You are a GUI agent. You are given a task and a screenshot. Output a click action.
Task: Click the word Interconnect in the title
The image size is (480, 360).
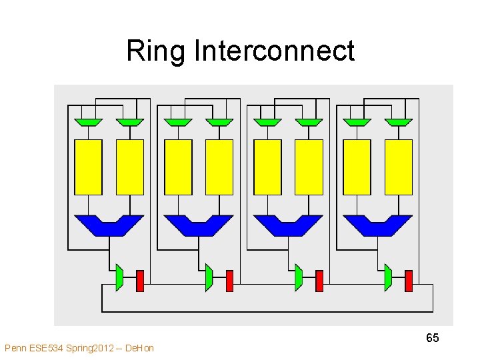click(x=274, y=50)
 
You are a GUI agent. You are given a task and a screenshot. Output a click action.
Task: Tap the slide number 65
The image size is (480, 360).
click(x=432, y=337)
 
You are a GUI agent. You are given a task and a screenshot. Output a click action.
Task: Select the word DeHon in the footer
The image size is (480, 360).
click(x=139, y=348)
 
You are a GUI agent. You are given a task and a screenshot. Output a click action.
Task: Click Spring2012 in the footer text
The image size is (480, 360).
click(x=90, y=349)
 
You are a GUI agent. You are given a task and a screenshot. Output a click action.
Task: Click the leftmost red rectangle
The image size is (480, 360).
click(x=140, y=281)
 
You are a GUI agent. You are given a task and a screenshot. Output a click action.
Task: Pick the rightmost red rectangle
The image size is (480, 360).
click(x=409, y=281)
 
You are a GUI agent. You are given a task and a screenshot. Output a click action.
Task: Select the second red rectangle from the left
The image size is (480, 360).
click(x=229, y=281)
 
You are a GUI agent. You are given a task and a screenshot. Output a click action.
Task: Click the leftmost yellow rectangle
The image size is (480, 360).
click(x=88, y=167)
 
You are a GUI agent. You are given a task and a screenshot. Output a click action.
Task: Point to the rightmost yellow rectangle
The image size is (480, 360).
click(x=399, y=167)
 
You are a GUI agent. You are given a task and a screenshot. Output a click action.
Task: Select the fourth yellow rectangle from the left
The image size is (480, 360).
click(x=219, y=167)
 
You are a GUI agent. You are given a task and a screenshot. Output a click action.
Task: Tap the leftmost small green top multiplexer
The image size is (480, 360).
click(x=88, y=123)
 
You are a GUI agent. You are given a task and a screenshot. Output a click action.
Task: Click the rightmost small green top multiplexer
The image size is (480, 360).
click(x=399, y=123)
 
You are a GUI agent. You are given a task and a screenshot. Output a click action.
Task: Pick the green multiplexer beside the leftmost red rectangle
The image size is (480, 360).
click(x=119, y=277)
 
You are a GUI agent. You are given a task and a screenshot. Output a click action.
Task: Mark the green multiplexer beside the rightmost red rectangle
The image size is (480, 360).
click(x=388, y=277)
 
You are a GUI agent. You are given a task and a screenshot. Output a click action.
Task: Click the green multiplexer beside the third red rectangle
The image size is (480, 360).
click(x=299, y=277)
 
